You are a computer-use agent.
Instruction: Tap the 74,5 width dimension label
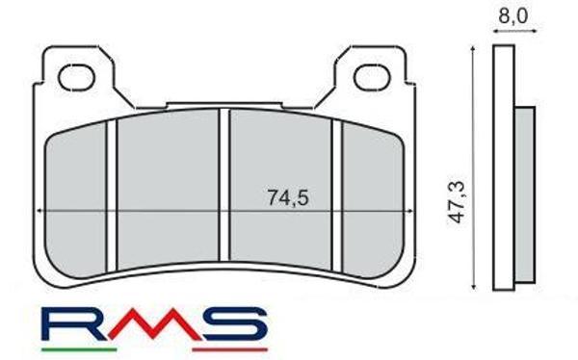point(286,197)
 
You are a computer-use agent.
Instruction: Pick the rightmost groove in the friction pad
point(336,188)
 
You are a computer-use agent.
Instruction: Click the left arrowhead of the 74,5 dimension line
point(39,211)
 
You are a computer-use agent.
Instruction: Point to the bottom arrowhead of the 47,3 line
point(475,287)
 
